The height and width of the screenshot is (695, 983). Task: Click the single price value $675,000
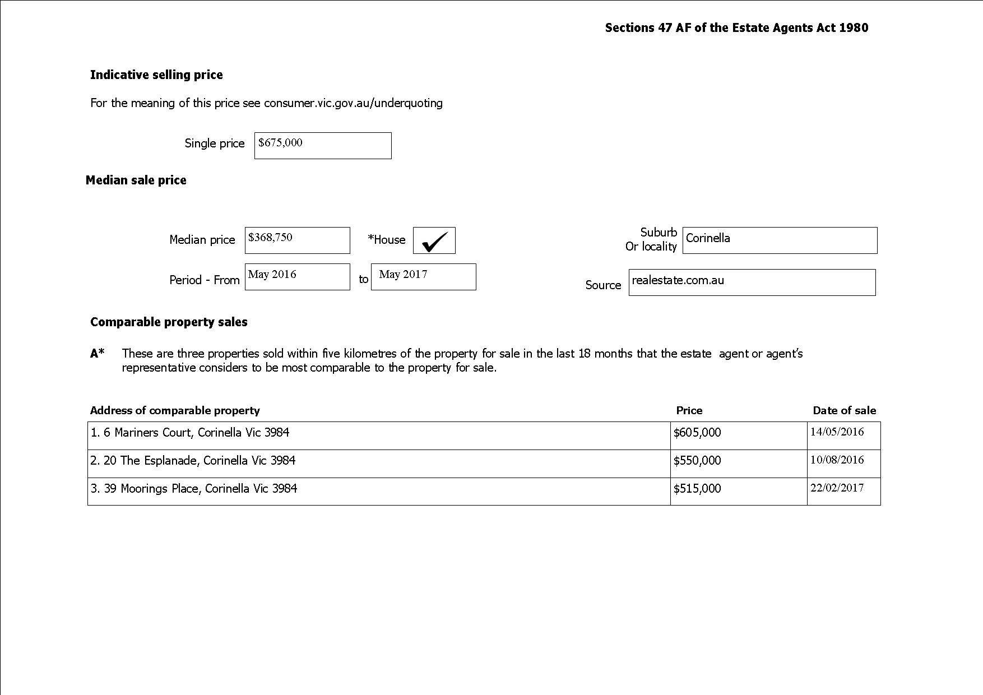click(280, 143)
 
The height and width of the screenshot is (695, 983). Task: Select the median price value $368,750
click(270, 238)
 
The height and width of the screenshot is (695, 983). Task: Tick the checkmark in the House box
click(434, 241)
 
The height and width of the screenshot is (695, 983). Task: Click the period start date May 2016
click(272, 275)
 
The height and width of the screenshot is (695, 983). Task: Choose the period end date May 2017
click(403, 275)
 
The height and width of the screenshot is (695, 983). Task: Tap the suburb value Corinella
click(708, 238)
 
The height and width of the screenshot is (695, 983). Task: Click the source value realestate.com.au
click(678, 280)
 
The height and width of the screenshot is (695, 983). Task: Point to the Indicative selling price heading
click(156, 75)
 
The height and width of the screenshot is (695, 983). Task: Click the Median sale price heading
click(136, 180)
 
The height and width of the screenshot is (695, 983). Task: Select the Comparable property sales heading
click(169, 322)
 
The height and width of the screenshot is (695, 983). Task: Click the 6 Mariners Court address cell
click(190, 433)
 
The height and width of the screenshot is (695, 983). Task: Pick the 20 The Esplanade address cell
click(193, 461)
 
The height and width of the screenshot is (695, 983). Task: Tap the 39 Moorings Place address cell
click(194, 489)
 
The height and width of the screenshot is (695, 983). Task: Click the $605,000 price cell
click(697, 433)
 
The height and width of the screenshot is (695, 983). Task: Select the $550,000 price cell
click(697, 461)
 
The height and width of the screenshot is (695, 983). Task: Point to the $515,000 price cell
click(697, 489)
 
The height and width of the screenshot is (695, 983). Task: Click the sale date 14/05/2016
click(837, 432)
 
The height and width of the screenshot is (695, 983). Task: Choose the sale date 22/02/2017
click(837, 488)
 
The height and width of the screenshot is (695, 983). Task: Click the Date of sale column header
click(844, 411)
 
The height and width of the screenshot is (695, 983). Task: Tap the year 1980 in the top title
click(854, 28)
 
